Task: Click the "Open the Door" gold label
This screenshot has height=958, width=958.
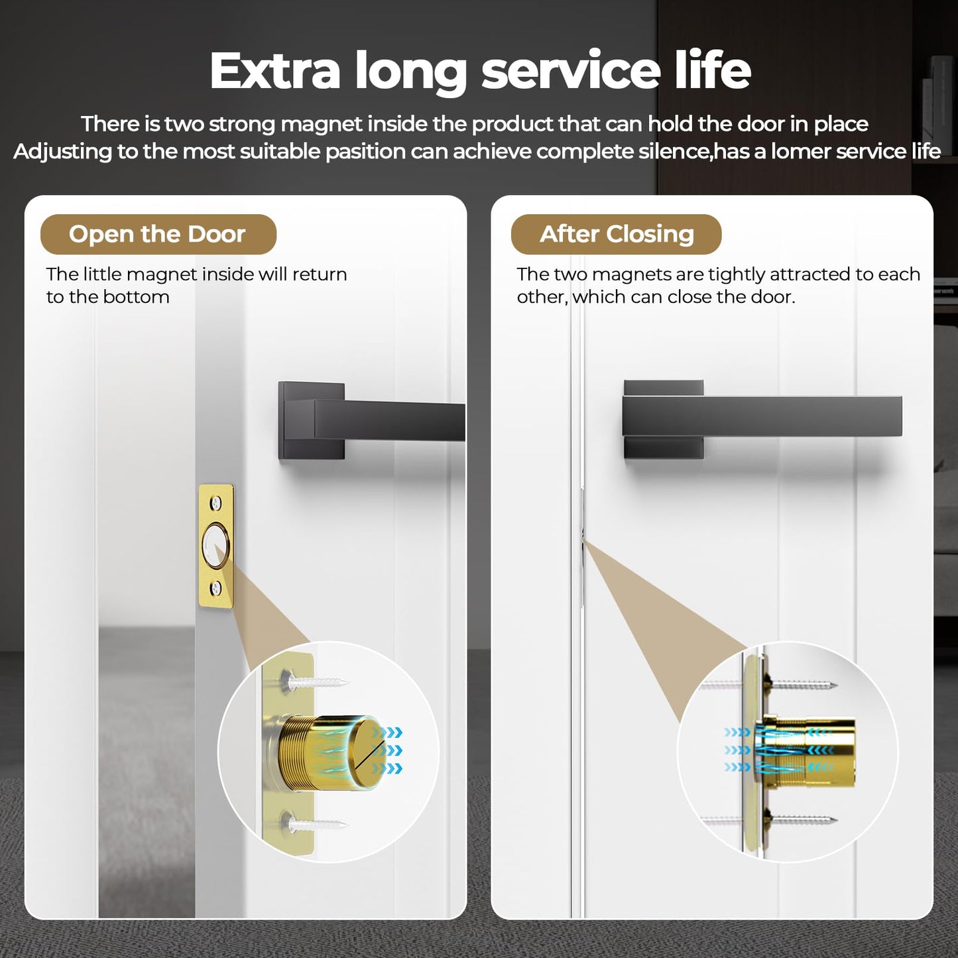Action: [x=158, y=234]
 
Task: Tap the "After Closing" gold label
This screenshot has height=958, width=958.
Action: [x=616, y=234]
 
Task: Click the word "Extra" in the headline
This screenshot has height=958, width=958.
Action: [x=274, y=70]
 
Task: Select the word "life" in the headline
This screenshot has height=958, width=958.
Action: [x=713, y=70]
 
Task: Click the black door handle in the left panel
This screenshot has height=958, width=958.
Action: [x=371, y=420]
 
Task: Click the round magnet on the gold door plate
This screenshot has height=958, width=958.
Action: [x=215, y=546]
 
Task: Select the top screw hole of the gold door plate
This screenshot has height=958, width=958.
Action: [x=215, y=504]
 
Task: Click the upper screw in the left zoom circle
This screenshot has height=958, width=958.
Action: [x=315, y=681]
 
